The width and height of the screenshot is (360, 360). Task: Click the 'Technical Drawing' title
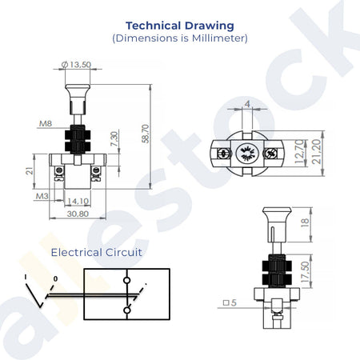click(180, 26)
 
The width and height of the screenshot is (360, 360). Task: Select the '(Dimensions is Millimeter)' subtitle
click(180, 38)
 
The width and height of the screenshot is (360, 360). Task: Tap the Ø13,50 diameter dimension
click(76, 65)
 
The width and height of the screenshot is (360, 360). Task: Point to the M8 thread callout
click(46, 123)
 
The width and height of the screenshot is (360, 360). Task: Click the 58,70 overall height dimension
click(146, 134)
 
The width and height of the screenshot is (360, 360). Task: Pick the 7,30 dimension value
click(114, 138)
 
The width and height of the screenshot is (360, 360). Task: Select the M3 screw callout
click(42, 196)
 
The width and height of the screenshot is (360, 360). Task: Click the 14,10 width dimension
click(78, 201)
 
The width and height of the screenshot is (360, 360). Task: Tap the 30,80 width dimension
click(78, 214)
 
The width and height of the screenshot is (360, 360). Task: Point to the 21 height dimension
click(30, 170)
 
